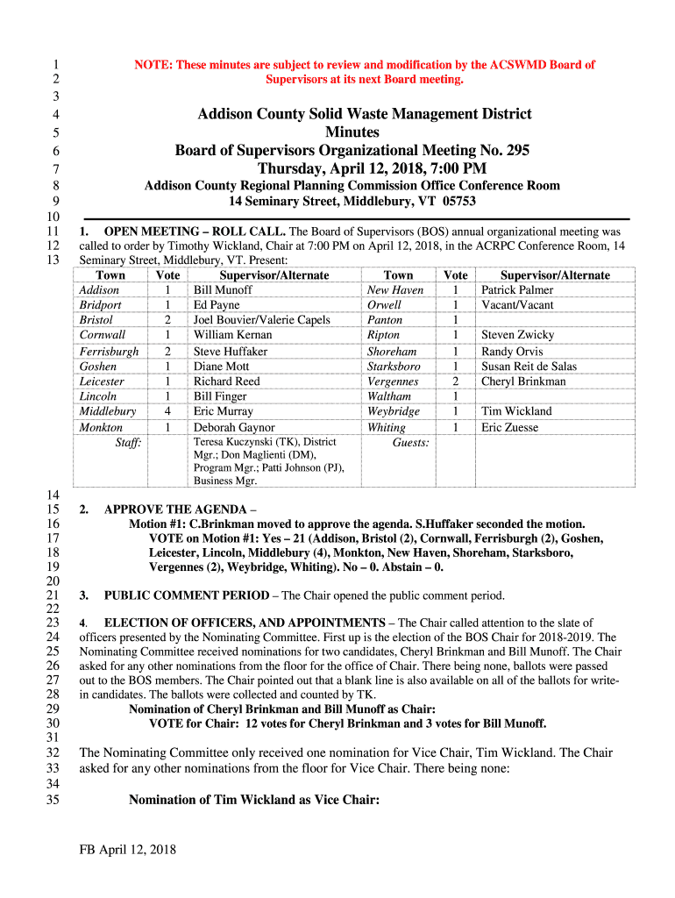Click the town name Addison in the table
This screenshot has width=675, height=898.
(x=99, y=290)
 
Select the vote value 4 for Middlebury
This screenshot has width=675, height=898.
(x=167, y=411)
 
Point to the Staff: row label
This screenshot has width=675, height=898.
(x=129, y=444)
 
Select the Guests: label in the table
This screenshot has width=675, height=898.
(x=410, y=444)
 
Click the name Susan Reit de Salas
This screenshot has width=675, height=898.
(x=529, y=367)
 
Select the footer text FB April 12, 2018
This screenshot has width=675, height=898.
(x=128, y=850)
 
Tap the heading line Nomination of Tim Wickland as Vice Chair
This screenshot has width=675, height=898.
(x=253, y=800)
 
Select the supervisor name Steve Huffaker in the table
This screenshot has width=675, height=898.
(x=231, y=352)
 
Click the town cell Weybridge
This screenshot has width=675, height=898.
(x=394, y=411)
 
